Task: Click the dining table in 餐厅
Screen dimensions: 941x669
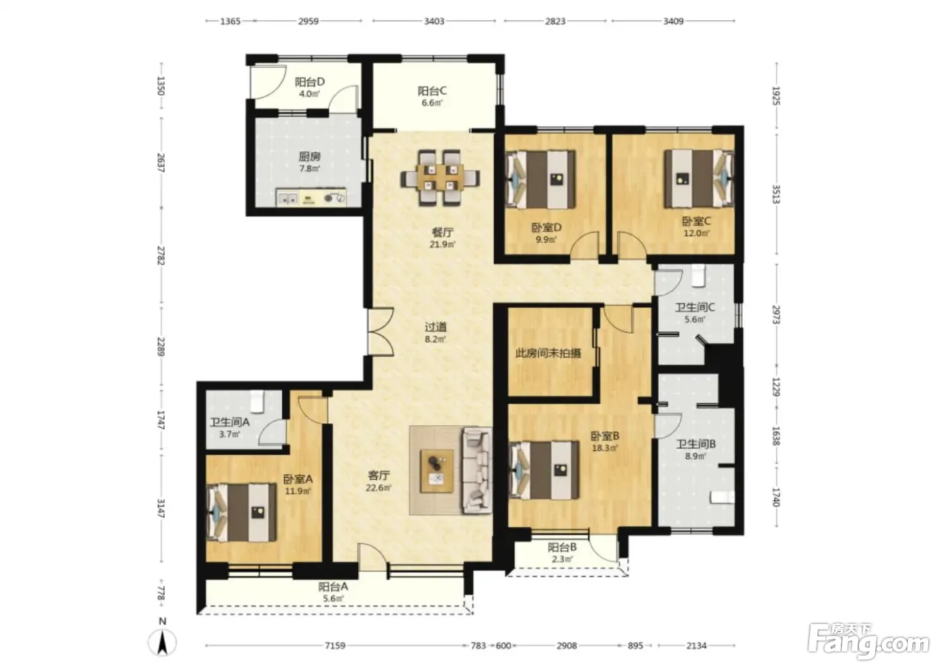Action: coord(440,177)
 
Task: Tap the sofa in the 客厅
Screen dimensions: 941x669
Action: coord(477,470)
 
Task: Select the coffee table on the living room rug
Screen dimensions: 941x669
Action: coord(438,471)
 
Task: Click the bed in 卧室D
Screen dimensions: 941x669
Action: coord(541,179)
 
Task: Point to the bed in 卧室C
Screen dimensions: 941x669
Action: coord(699,179)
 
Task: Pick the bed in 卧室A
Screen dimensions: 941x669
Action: coord(241,512)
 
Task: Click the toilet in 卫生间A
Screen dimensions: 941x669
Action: coord(257,401)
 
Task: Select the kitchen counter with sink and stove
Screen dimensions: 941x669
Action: coord(311,197)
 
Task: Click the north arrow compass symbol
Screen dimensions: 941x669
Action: coord(162,638)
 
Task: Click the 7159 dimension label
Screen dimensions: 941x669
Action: coord(335,645)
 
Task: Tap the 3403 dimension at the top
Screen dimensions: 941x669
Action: coord(434,21)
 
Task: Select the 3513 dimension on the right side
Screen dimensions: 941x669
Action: coord(776,194)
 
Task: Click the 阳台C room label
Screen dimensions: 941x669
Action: coord(432,91)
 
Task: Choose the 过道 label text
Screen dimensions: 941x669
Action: coord(436,326)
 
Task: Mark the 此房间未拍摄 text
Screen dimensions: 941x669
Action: coord(548,353)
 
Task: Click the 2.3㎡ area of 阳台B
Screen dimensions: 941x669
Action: coord(562,559)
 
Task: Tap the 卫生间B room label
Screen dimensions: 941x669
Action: coord(696,443)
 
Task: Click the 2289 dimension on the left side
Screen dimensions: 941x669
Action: coord(161,346)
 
